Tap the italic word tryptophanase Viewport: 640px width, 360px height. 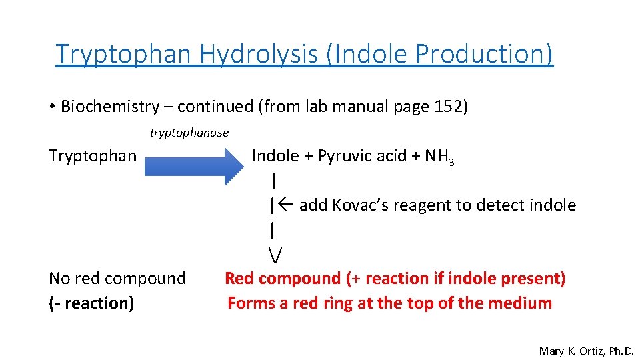click(189, 133)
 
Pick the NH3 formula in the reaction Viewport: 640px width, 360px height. click(439, 157)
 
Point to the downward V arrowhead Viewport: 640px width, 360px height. click(275, 254)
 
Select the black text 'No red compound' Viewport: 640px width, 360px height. click(117, 278)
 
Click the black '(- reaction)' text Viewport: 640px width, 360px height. click(92, 303)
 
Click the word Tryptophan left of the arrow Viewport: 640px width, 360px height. click(93, 156)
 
